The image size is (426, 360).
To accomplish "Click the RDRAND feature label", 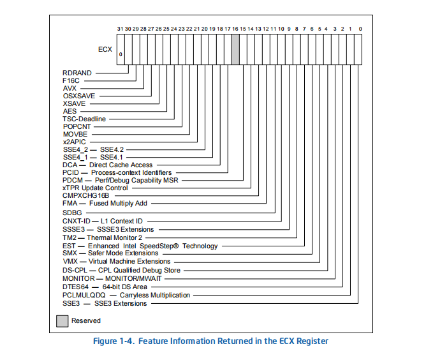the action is [x=77, y=73].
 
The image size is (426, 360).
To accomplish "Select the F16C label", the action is [x=71, y=80].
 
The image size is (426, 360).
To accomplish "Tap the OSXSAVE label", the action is [x=79, y=96].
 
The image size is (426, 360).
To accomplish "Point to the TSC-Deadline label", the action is [x=84, y=119].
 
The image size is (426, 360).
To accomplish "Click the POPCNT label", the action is [x=77, y=126].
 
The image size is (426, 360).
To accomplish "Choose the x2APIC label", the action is [x=74, y=142].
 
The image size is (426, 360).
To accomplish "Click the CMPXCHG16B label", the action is [x=86, y=195].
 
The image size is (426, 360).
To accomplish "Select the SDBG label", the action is [x=72, y=213].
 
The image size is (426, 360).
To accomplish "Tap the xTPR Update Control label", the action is [x=95, y=188].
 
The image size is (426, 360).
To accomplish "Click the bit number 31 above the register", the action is [x=120, y=29].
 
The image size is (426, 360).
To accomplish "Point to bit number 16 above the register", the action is [x=235, y=29].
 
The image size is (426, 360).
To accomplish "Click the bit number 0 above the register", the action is [x=360, y=29].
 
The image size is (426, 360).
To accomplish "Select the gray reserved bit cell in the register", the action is [x=235, y=49].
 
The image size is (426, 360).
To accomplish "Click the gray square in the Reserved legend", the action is [x=62, y=321].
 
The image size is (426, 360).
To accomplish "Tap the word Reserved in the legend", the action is [x=86, y=320].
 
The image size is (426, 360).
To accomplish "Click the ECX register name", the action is [x=105, y=49].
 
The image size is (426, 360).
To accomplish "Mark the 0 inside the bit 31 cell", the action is [x=121, y=54].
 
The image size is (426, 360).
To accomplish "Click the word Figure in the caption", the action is [x=105, y=341].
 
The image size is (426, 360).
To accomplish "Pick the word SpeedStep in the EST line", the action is [x=159, y=246].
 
